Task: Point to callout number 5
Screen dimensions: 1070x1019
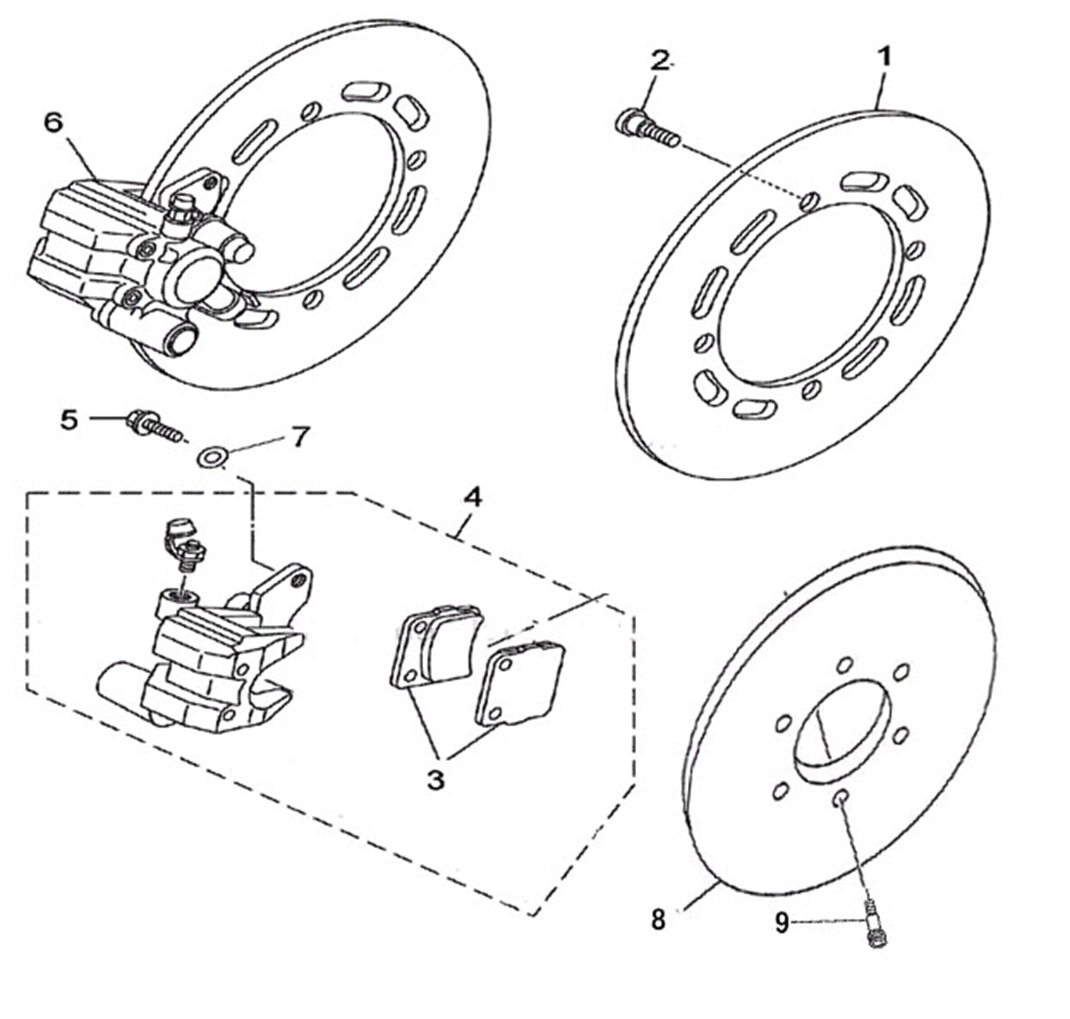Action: point(70,421)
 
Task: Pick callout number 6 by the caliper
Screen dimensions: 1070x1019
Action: point(54,123)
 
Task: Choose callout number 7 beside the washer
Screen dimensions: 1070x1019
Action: point(300,437)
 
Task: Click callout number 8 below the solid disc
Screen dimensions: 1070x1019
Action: point(658,920)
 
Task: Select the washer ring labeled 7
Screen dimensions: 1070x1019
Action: point(213,458)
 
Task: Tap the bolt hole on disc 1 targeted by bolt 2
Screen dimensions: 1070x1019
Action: point(810,201)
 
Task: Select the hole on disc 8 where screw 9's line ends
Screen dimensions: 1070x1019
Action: point(841,798)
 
